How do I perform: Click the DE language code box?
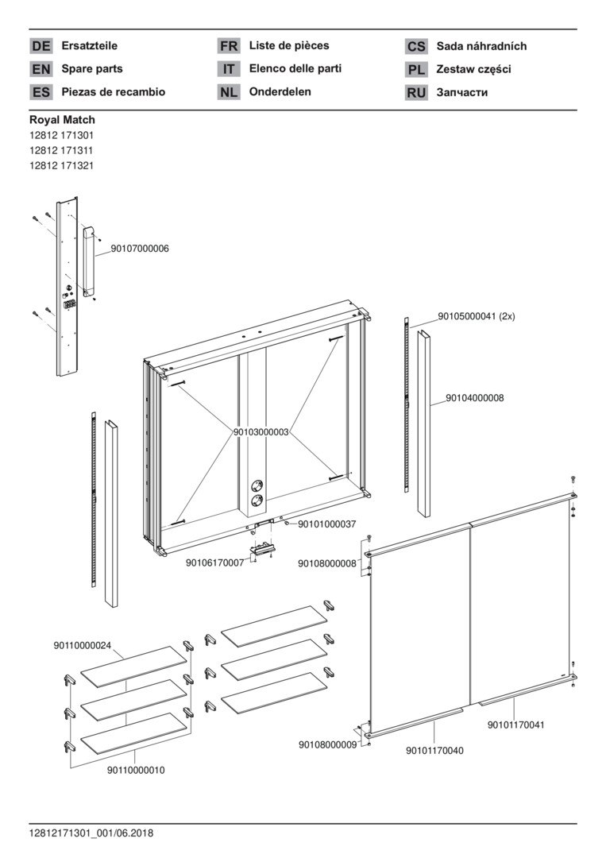pos(41,46)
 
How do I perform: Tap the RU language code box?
pos(416,92)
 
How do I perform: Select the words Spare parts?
pos(92,69)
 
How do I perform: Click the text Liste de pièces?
pos(289,45)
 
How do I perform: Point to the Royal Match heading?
pos(63,120)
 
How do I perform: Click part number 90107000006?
pos(140,249)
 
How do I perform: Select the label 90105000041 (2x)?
pos(477,316)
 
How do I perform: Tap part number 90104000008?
pos(475,398)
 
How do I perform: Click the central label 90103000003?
pos(261,432)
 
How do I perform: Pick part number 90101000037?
pos(327,524)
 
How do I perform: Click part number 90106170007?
pos(215,562)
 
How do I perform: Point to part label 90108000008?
pos(327,563)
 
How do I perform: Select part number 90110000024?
pos(82,646)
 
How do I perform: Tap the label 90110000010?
pos(136,771)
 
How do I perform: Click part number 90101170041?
pos(516,725)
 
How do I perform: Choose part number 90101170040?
pos(434,751)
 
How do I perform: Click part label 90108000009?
pos(327,744)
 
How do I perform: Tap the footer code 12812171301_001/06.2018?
pos(91,833)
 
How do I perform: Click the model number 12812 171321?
pos(61,166)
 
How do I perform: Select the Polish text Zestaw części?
pos(473,69)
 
